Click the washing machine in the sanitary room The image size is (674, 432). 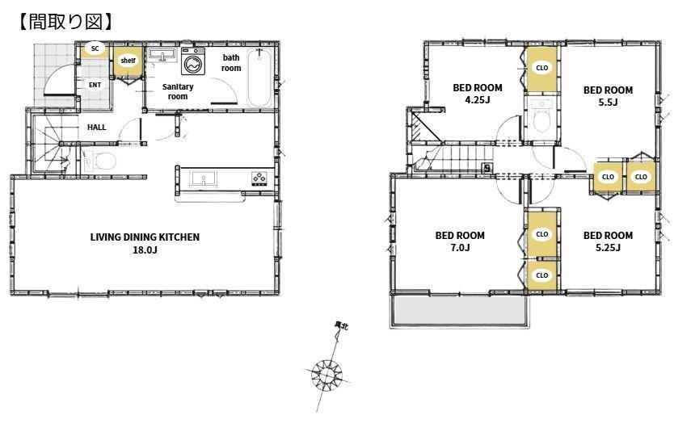[x=193, y=61]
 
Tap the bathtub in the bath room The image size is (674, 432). [x=259, y=78]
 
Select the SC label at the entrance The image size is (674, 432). [x=95, y=48]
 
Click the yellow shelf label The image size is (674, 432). [x=128, y=61]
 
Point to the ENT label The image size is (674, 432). [x=95, y=85]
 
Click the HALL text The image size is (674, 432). [x=96, y=127]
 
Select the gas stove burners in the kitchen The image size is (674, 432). [x=259, y=178]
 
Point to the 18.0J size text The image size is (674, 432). [x=145, y=250]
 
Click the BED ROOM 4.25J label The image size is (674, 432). [x=478, y=94]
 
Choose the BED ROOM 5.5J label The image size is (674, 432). [x=608, y=96]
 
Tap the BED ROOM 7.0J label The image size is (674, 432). [x=460, y=241]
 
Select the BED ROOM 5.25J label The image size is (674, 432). [x=608, y=241]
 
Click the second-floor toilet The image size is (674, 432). [x=541, y=115]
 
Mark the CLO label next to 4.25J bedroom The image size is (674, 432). [x=542, y=67]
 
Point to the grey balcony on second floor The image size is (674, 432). [x=459, y=312]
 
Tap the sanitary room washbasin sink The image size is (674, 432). [x=162, y=56]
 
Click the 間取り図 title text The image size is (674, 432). [x=65, y=22]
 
